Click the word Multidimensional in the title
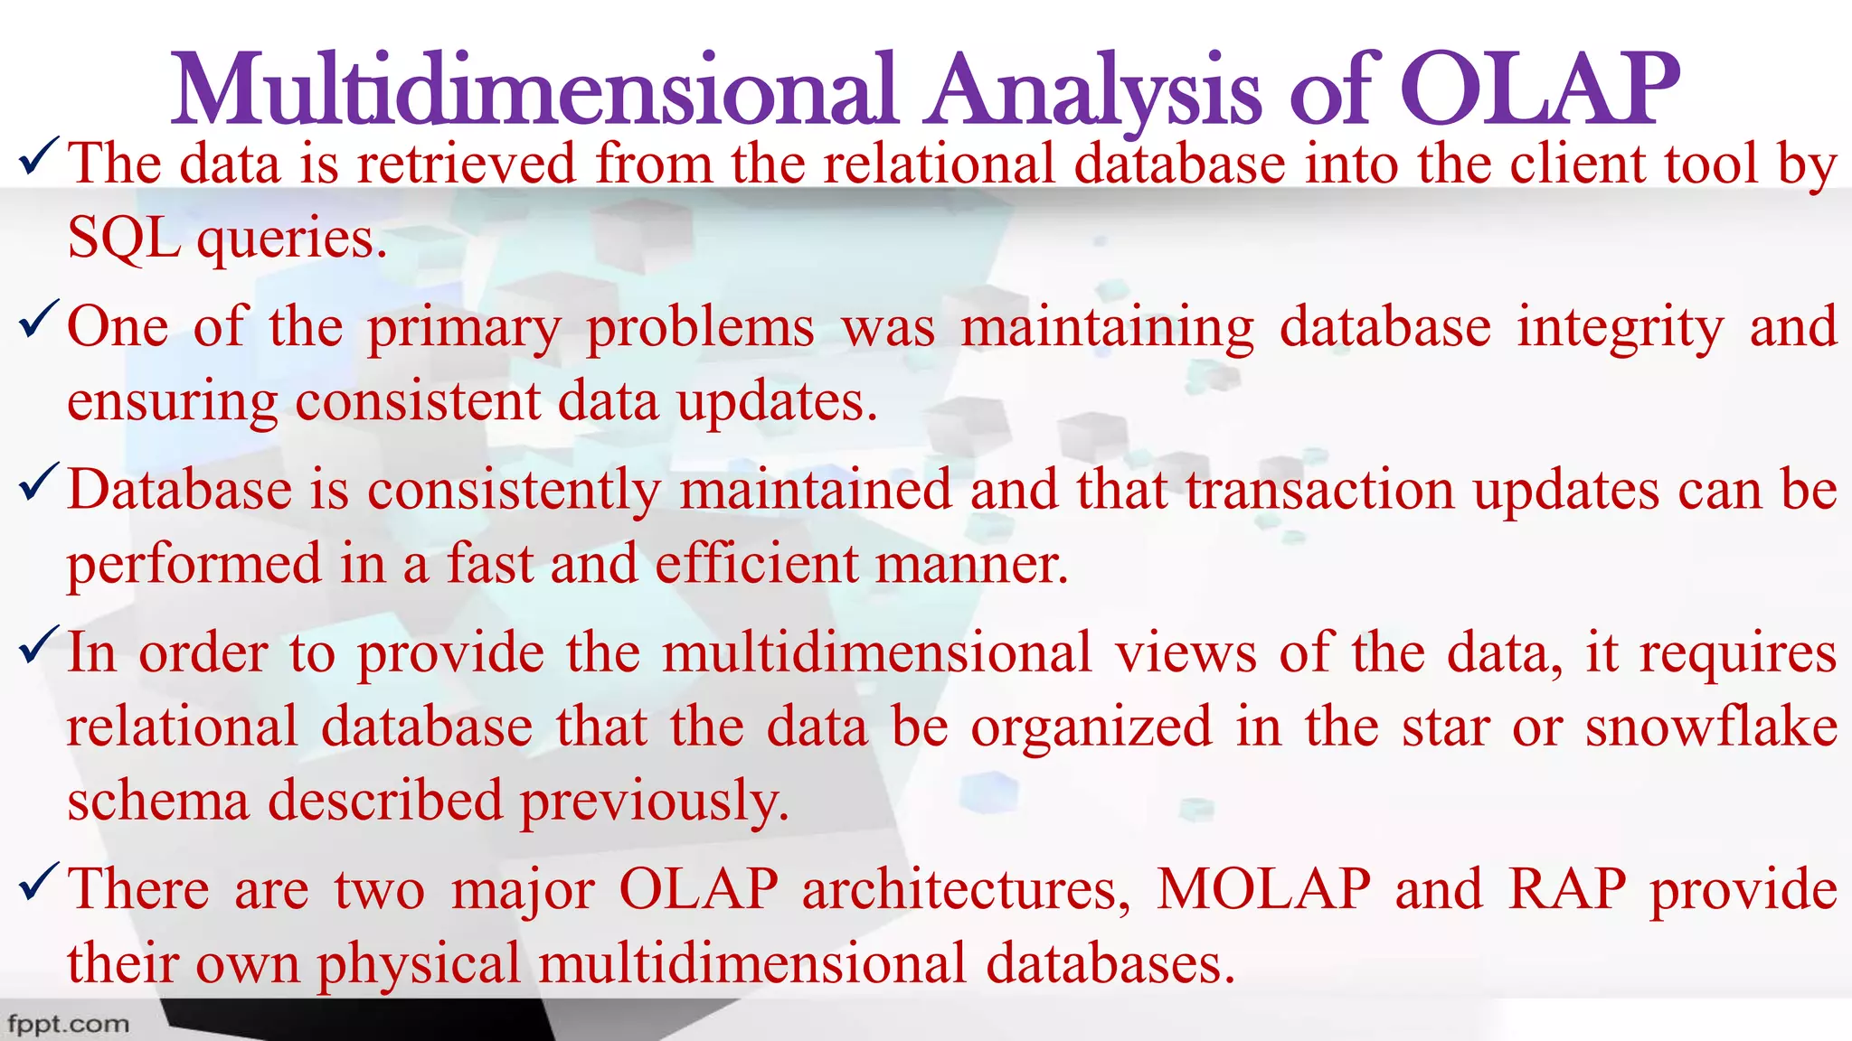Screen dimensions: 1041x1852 (x=534, y=90)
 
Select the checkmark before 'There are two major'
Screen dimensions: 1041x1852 (x=39, y=880)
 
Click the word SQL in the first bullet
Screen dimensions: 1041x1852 (x=123, y=239)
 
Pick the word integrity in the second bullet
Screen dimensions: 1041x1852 (x=1620, y=327)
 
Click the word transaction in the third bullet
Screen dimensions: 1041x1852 (x=1320, y=490)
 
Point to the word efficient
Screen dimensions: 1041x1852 (x=756, y=564)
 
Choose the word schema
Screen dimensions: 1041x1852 (x=157, y=801)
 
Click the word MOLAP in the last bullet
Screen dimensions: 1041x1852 (x=1263, y=889)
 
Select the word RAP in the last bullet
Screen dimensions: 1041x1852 (x=1567, y=889)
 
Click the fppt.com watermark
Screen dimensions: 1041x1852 (x=69, y=1024)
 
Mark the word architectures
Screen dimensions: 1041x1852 (x=966, y=889)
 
